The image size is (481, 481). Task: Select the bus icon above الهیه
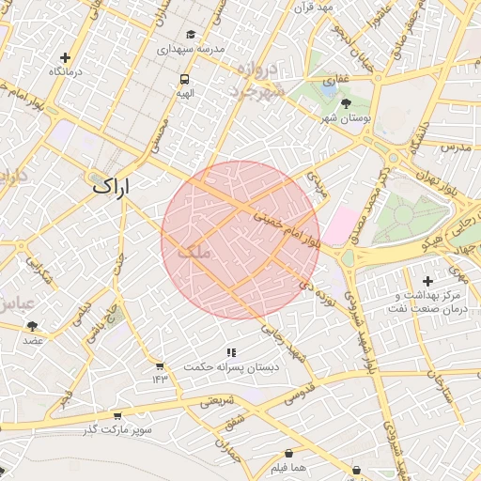click(184, 80)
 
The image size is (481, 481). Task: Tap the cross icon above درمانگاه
click(65, 57)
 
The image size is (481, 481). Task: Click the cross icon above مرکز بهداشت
click(428, 281)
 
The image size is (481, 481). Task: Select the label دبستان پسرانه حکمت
click(231, 367)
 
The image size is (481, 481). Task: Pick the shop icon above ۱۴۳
click(159, 366)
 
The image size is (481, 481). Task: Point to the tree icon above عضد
click(33, 325)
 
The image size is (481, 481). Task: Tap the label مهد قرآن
click(314, 8)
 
